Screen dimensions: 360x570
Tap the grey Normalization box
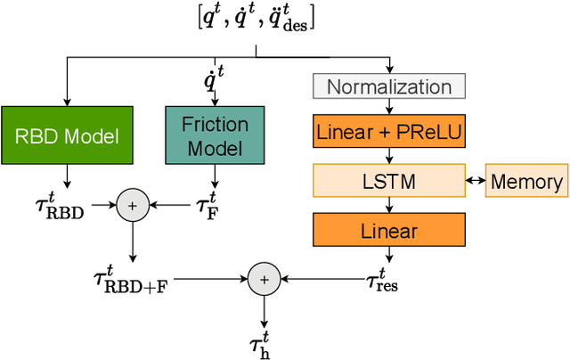tap(388, 87)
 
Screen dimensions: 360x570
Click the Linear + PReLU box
tap(388, 134)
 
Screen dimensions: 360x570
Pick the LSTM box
tap(388, 183)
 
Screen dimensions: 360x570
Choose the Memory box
tap(526, 183)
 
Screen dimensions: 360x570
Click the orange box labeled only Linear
tap(388, 232)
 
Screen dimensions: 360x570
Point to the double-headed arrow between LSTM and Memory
tap(475, 183)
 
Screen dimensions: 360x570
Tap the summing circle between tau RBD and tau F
tap(131, 206)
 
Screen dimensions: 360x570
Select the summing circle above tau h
tap(263, 279)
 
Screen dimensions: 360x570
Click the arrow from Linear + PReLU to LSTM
tap(388, 158)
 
